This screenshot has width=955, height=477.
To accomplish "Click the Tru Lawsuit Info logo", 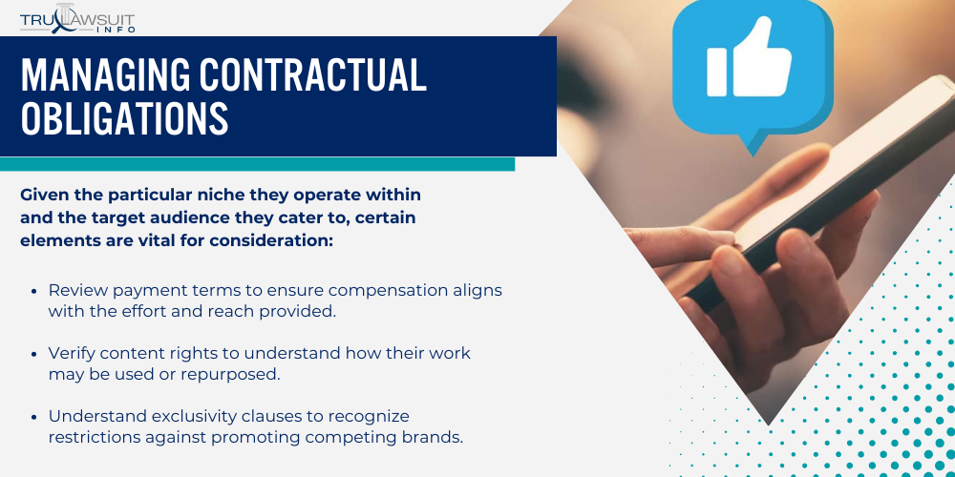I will click(x=77, y=18).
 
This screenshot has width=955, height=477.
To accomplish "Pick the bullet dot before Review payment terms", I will click(x=34, y=289).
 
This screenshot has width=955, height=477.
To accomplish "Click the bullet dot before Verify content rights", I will click(x=34, y=353).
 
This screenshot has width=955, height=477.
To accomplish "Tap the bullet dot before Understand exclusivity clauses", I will click(x=34, y=417).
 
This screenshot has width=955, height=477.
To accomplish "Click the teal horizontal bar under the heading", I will click(x=258, y=164).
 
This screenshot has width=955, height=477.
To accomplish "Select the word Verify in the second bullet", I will click(x=72, y=353).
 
